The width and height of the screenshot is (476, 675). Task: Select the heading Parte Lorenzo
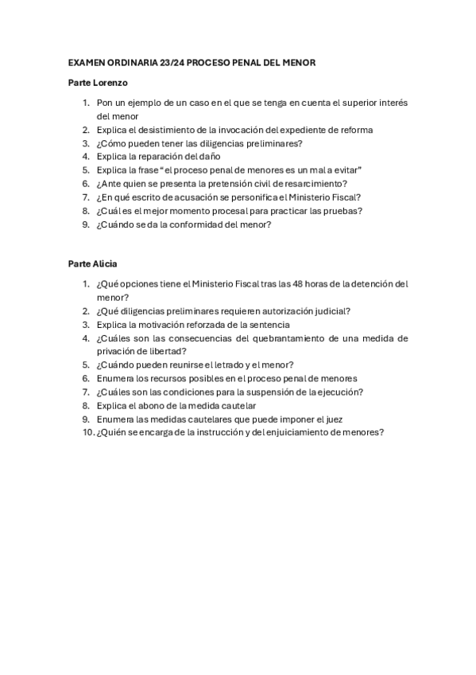coord(99,82)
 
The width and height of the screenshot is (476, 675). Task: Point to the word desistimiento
coord(165,130)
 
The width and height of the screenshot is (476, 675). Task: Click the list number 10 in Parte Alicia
coord(87,432)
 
